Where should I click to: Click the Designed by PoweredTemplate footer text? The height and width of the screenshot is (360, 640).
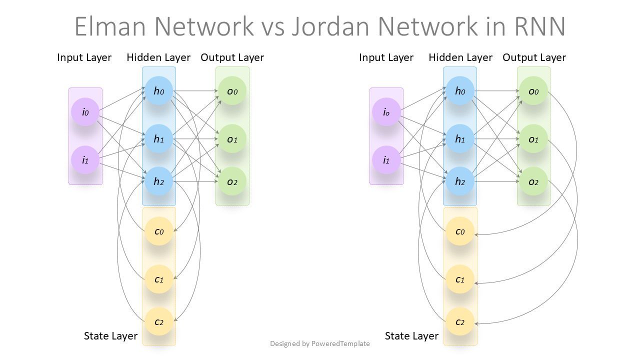pos(320,343)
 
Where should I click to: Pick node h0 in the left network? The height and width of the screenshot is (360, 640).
pos(159,91)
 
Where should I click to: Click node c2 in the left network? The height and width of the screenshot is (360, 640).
pos(159,321)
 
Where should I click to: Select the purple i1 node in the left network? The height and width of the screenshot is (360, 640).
pos(85,160)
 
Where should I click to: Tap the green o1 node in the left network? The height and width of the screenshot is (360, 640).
pos(232,139)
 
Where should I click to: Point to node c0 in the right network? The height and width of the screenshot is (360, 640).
pos(460,231)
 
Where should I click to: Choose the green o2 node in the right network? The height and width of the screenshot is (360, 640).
pos(533,181)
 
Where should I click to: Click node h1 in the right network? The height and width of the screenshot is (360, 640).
pos(460,139)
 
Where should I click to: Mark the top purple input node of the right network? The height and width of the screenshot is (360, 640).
pos(386,112)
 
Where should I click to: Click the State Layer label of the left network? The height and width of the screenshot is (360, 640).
pos(110,336)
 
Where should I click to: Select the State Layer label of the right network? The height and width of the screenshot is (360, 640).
pos(411,336)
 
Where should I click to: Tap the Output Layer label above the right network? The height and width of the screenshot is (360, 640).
pos(534,57)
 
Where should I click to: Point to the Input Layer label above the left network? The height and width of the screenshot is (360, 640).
pos(84,57)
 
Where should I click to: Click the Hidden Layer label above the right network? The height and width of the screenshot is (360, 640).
pos(460,57)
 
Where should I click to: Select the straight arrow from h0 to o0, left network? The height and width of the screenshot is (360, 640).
pos(196,91)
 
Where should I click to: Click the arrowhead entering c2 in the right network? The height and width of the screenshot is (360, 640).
pos(476,324)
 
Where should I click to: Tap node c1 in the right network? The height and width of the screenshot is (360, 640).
pos(460,279)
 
